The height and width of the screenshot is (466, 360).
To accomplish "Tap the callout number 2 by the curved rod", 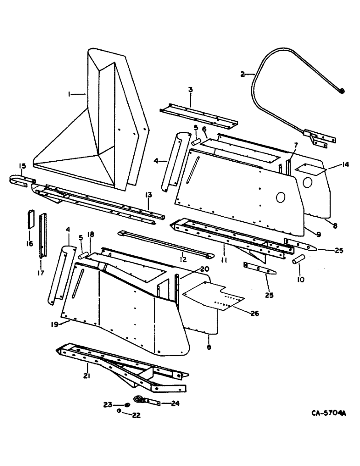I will click(242, 74).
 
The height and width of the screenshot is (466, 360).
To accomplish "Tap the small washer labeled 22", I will click(120, 411).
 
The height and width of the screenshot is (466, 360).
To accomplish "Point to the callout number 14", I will click(332, 164).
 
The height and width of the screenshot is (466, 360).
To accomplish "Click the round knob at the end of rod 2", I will click(342, 91).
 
